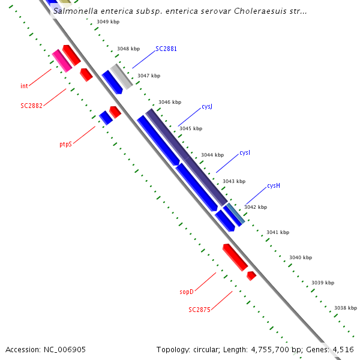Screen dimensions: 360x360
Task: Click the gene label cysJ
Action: click(x=207, y=107)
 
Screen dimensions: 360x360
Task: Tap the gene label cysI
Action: click(x=245, y=153)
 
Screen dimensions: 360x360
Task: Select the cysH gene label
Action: click(x=274, y=186)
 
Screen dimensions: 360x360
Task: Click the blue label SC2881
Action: click(x=166, y=49)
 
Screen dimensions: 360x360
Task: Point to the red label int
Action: click(x=24, y=86)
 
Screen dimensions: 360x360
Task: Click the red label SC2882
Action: click(x=31, y=106)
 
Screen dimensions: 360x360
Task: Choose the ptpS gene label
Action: click(x=65, y=145)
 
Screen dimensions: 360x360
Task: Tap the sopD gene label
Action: click(x=187, y=292)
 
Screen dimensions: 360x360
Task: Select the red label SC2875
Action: click(x=199, y=310)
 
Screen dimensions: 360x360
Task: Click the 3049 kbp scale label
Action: click(x=108, y=22)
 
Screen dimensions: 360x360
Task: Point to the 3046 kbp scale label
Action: click(x=169, y=103)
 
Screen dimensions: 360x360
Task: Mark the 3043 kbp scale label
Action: click(x=234, y=181)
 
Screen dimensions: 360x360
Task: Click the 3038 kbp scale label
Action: click(x=346, y=308)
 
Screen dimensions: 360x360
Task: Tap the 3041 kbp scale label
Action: click(x=278, y=232)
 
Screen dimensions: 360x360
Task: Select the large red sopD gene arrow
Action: click(x=235, y=257)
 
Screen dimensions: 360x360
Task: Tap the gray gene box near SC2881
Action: click(x=121, y=76)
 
